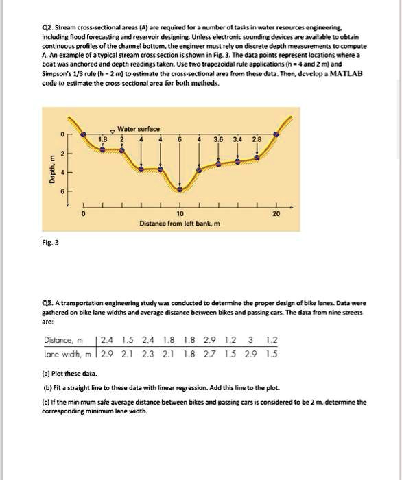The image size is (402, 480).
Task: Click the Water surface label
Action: click(139, 129)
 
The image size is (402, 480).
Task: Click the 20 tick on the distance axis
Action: click(276, 213)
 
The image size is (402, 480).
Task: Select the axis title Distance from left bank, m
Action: click(180, 224)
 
